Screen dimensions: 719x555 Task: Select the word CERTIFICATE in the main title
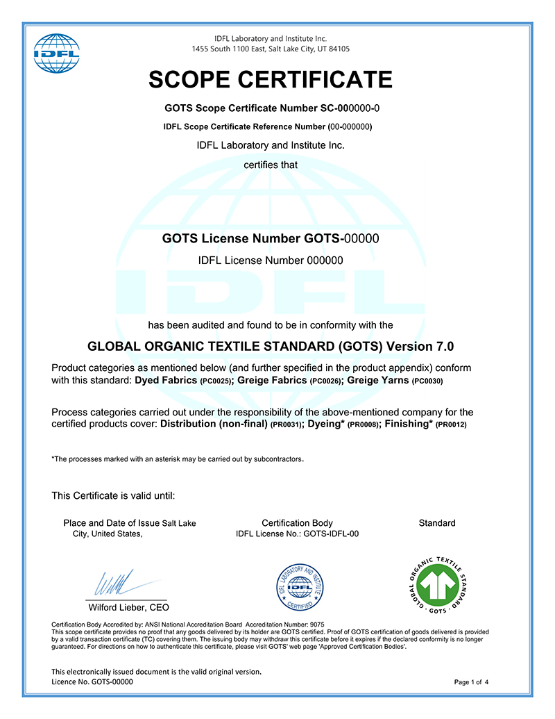pyautogui.click(x=319, y=80)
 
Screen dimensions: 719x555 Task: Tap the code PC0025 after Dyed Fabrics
pyautogui.click(x=215, y=381)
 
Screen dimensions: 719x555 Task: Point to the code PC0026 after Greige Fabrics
pyautogui.click(x=325, y=381)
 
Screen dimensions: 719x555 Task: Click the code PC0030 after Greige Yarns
pyautogui.click(x=427, y=381)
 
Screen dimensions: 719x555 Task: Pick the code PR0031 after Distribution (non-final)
pyautogui.click(x=287, y=425)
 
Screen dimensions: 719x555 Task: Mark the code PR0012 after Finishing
pyautogui.click(x=451, y=425)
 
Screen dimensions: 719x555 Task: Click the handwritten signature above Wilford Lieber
pyautogui.click(x=114, y=582)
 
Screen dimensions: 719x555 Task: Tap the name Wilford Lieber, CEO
pyautogui.click(x=128, y=607)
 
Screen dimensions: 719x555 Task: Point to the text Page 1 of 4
pyautogui.click(x=471, y=682)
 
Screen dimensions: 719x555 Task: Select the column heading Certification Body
pyautogui.click(x=297, y=523)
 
